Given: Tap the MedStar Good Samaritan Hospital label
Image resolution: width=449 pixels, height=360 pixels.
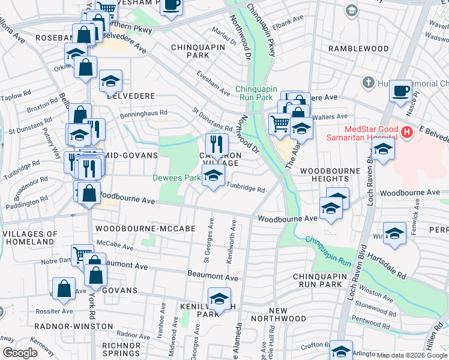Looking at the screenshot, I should coord(372,135).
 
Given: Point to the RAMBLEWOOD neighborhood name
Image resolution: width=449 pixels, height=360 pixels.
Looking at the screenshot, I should coord(358,48).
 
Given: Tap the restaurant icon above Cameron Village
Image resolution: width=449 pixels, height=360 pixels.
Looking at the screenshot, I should coord(217,144).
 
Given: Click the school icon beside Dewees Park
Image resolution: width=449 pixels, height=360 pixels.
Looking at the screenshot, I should coord(212,176).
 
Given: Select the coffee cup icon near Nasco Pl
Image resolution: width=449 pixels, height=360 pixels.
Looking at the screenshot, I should coord(400,91).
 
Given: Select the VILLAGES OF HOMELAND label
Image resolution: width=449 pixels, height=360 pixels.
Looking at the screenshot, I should coord(29,238).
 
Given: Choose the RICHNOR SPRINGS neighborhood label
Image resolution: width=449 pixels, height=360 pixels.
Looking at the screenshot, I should coord(121,350).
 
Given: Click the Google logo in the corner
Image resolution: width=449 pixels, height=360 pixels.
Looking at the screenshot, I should coord(20,353).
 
